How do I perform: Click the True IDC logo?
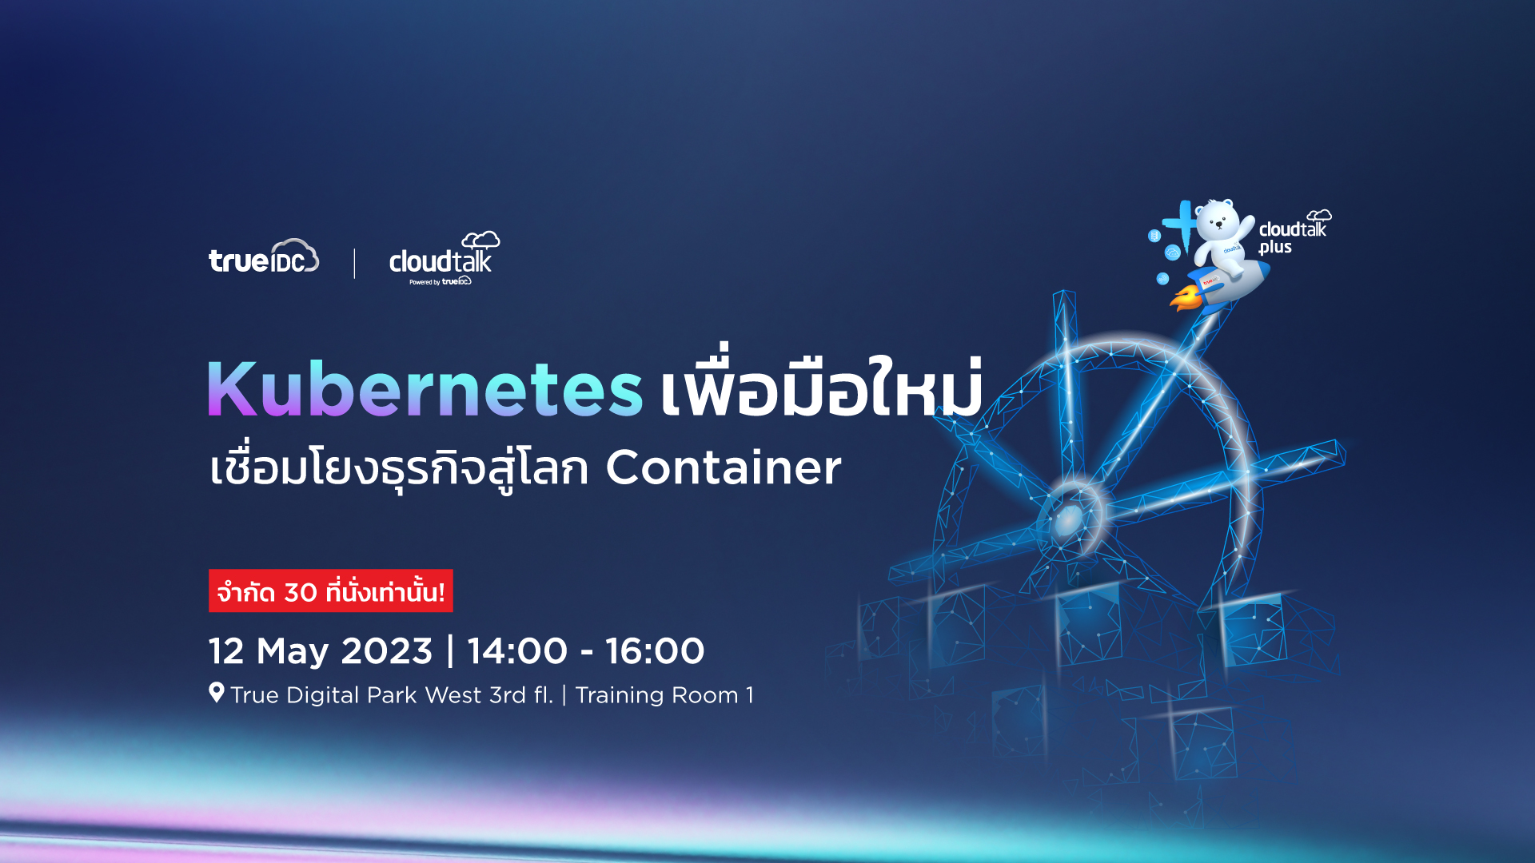264,257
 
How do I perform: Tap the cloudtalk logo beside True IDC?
445,258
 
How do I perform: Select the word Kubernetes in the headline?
425,388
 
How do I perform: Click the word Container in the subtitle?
724,467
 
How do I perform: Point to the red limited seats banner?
331,591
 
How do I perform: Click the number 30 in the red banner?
301,593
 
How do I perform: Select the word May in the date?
293,652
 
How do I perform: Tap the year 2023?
387,650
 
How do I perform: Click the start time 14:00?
517,650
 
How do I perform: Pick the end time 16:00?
655,650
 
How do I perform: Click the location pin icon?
217,692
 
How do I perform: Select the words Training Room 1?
664,695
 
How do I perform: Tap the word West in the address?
453,695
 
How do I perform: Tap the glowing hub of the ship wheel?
1069,519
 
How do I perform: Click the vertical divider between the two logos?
354,264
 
